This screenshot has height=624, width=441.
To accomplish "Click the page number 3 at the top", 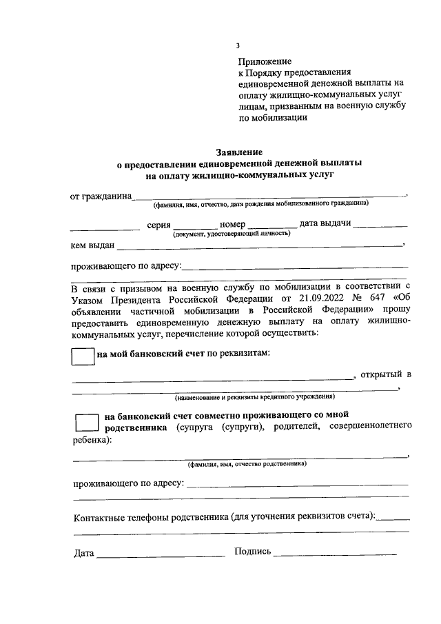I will click(238, 46).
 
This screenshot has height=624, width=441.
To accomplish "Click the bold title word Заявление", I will click(238, 152).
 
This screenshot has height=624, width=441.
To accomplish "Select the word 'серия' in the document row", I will click(158, 225).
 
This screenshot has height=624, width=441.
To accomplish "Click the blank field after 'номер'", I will click(272, 225).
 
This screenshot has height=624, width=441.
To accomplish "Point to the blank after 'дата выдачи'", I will click(383, 225).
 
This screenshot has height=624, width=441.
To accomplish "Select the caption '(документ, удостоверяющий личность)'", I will click(232, 234).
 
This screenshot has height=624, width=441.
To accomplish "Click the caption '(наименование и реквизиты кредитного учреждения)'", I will click(254, 397).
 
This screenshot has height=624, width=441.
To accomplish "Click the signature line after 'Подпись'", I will click(335, 554).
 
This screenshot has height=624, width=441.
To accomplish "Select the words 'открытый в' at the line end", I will click(386, 374).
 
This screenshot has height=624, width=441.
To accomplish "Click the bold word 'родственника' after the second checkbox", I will click(135, 427).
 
